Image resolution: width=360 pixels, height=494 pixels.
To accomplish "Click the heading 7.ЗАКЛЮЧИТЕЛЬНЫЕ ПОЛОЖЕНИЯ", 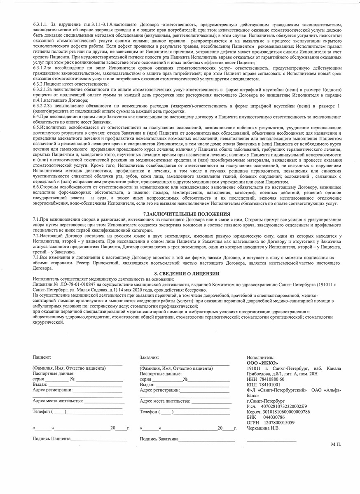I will (x=180, y=214).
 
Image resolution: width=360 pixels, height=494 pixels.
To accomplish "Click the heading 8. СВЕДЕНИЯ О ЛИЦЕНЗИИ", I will (x=180, y=273).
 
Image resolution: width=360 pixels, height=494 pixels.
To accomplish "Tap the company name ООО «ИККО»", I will (x=262, y=362).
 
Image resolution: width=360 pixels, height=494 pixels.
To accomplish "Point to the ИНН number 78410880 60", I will (x=274, y=379).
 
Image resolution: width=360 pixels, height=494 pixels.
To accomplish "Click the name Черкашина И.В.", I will (x=263, y=429).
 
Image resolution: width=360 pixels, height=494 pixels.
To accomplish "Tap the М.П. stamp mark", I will (x=336, y=445).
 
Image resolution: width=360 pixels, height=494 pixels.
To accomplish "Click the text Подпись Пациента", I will (x=51, y=439).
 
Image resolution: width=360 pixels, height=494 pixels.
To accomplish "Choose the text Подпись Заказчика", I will (x=159, y=439).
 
